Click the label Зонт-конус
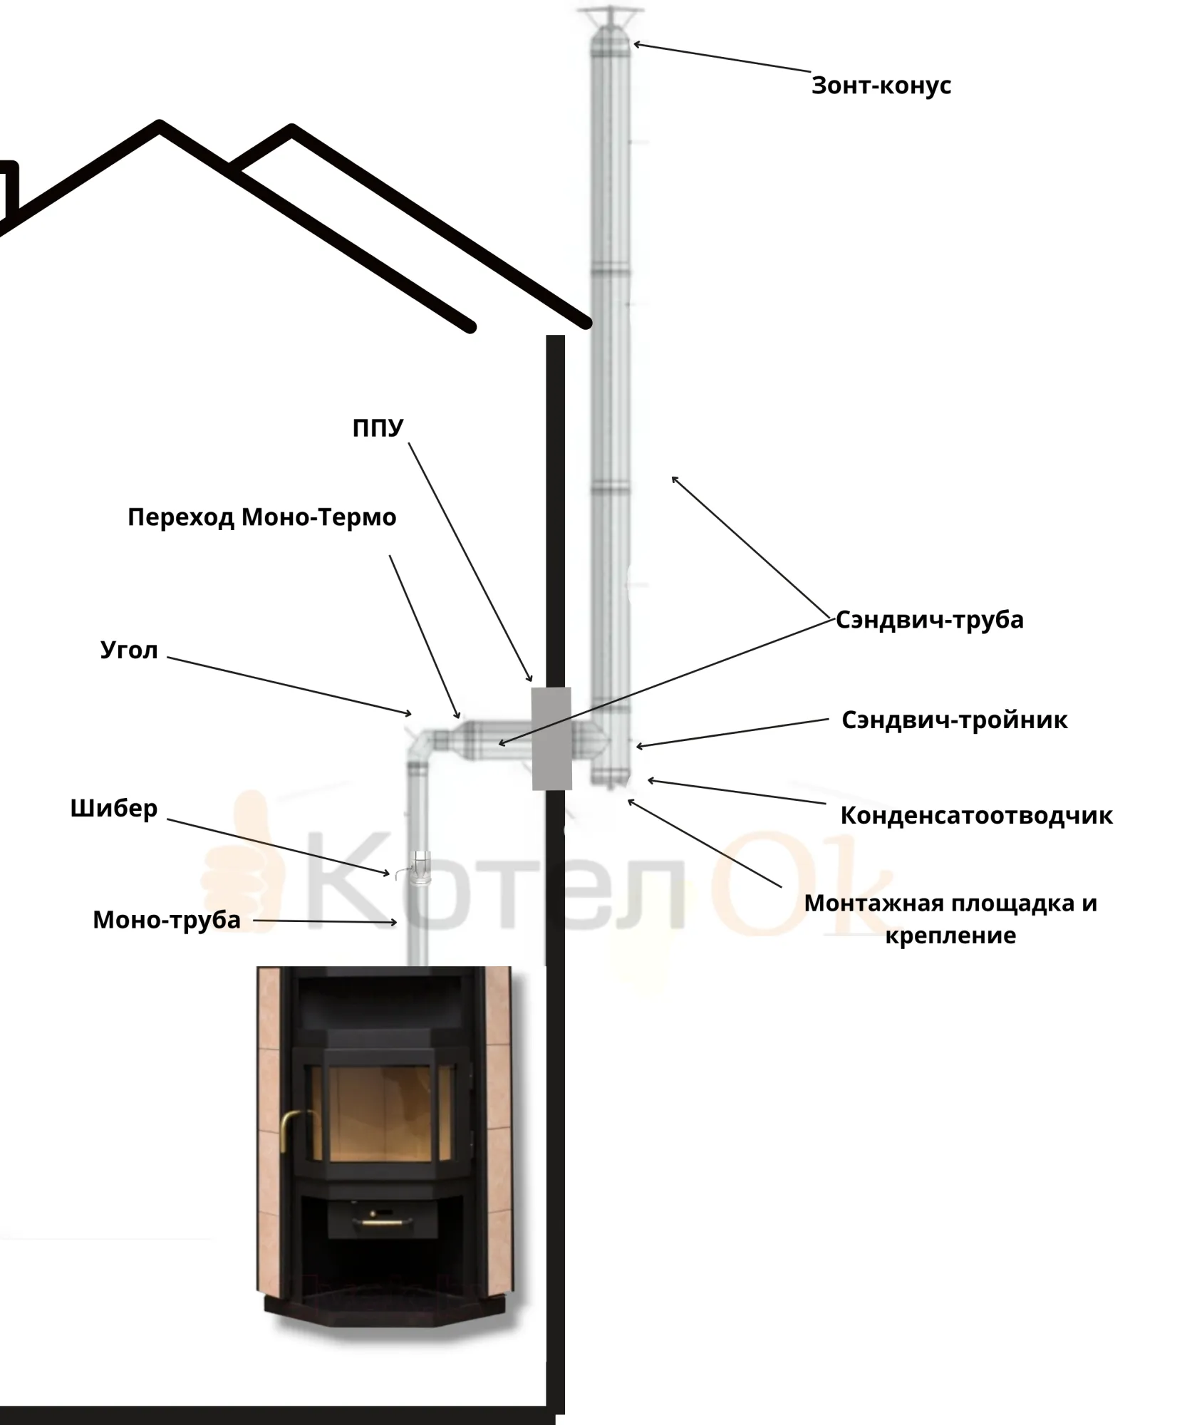click(x=881, y=85)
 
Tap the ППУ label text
click(x=378, y=428)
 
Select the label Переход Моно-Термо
click(x=262, y=518)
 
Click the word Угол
click(x=129, y=651)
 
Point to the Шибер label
click(x=114, y=809)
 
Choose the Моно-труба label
click(x=167, y=921)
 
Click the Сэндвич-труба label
click(x=930, y=620)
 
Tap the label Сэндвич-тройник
click(x=955, y=720)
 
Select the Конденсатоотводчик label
click(x=977, y=816)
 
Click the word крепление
click(x=950, y=936)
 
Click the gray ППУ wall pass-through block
click(x=551, y=739)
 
